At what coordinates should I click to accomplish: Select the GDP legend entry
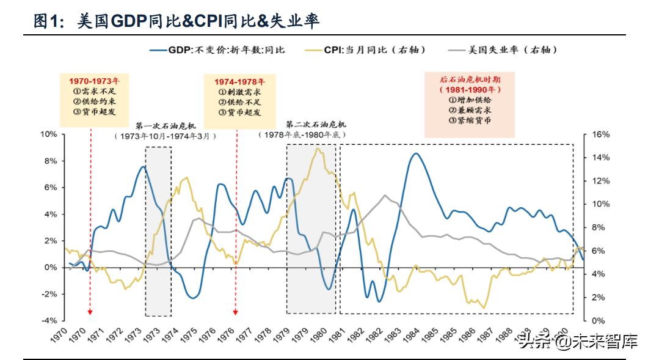click(217, 50)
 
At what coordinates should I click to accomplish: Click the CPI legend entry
click(367, 50)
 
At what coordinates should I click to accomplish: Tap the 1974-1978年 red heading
click(239, 81)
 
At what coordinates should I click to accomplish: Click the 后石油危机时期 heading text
click(469, 79)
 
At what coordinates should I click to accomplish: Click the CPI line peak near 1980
click(317, 148)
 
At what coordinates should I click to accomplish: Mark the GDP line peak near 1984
click(415, 153)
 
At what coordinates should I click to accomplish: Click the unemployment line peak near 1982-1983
click(384, 195)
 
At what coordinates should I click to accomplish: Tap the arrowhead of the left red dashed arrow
click(90, 312)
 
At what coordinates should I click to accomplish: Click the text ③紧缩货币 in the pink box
click(469, 120)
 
